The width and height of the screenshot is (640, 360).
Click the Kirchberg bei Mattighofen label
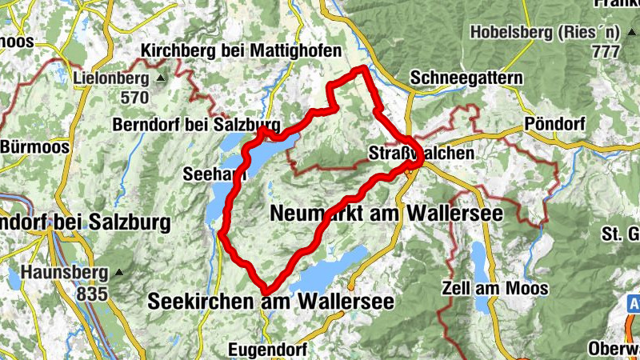(x=242, y=50)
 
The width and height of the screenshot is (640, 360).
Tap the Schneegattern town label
(x=466, y=78)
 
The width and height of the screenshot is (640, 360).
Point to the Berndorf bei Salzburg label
(x=196, y=125)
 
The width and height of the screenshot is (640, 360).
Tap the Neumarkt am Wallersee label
(x=386, y=214)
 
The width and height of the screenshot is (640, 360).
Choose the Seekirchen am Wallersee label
(x=270, y=301)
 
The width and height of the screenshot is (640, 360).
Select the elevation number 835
(x=92, y=294)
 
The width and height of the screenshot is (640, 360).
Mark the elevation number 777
(x=607, y=51)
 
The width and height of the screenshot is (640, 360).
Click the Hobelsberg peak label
(x=546, y=33)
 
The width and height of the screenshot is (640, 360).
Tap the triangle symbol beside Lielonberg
(x=160, y=78)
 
